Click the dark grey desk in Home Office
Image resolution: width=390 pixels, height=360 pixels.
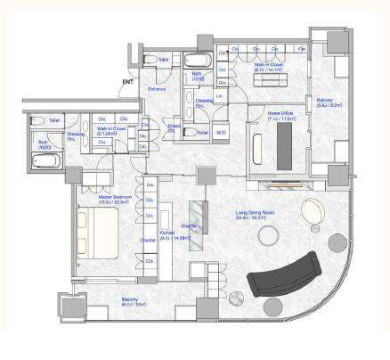[x=286, y=143]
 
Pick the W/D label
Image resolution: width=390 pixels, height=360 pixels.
[x=221, y=133]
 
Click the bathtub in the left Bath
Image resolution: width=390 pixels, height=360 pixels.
[x=44, y=161]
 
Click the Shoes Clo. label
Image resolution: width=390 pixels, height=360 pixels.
[x=175, y=127]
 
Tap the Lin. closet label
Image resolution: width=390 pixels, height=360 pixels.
[x=219, y=94]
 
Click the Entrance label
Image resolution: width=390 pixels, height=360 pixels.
[x=157, y=89]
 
